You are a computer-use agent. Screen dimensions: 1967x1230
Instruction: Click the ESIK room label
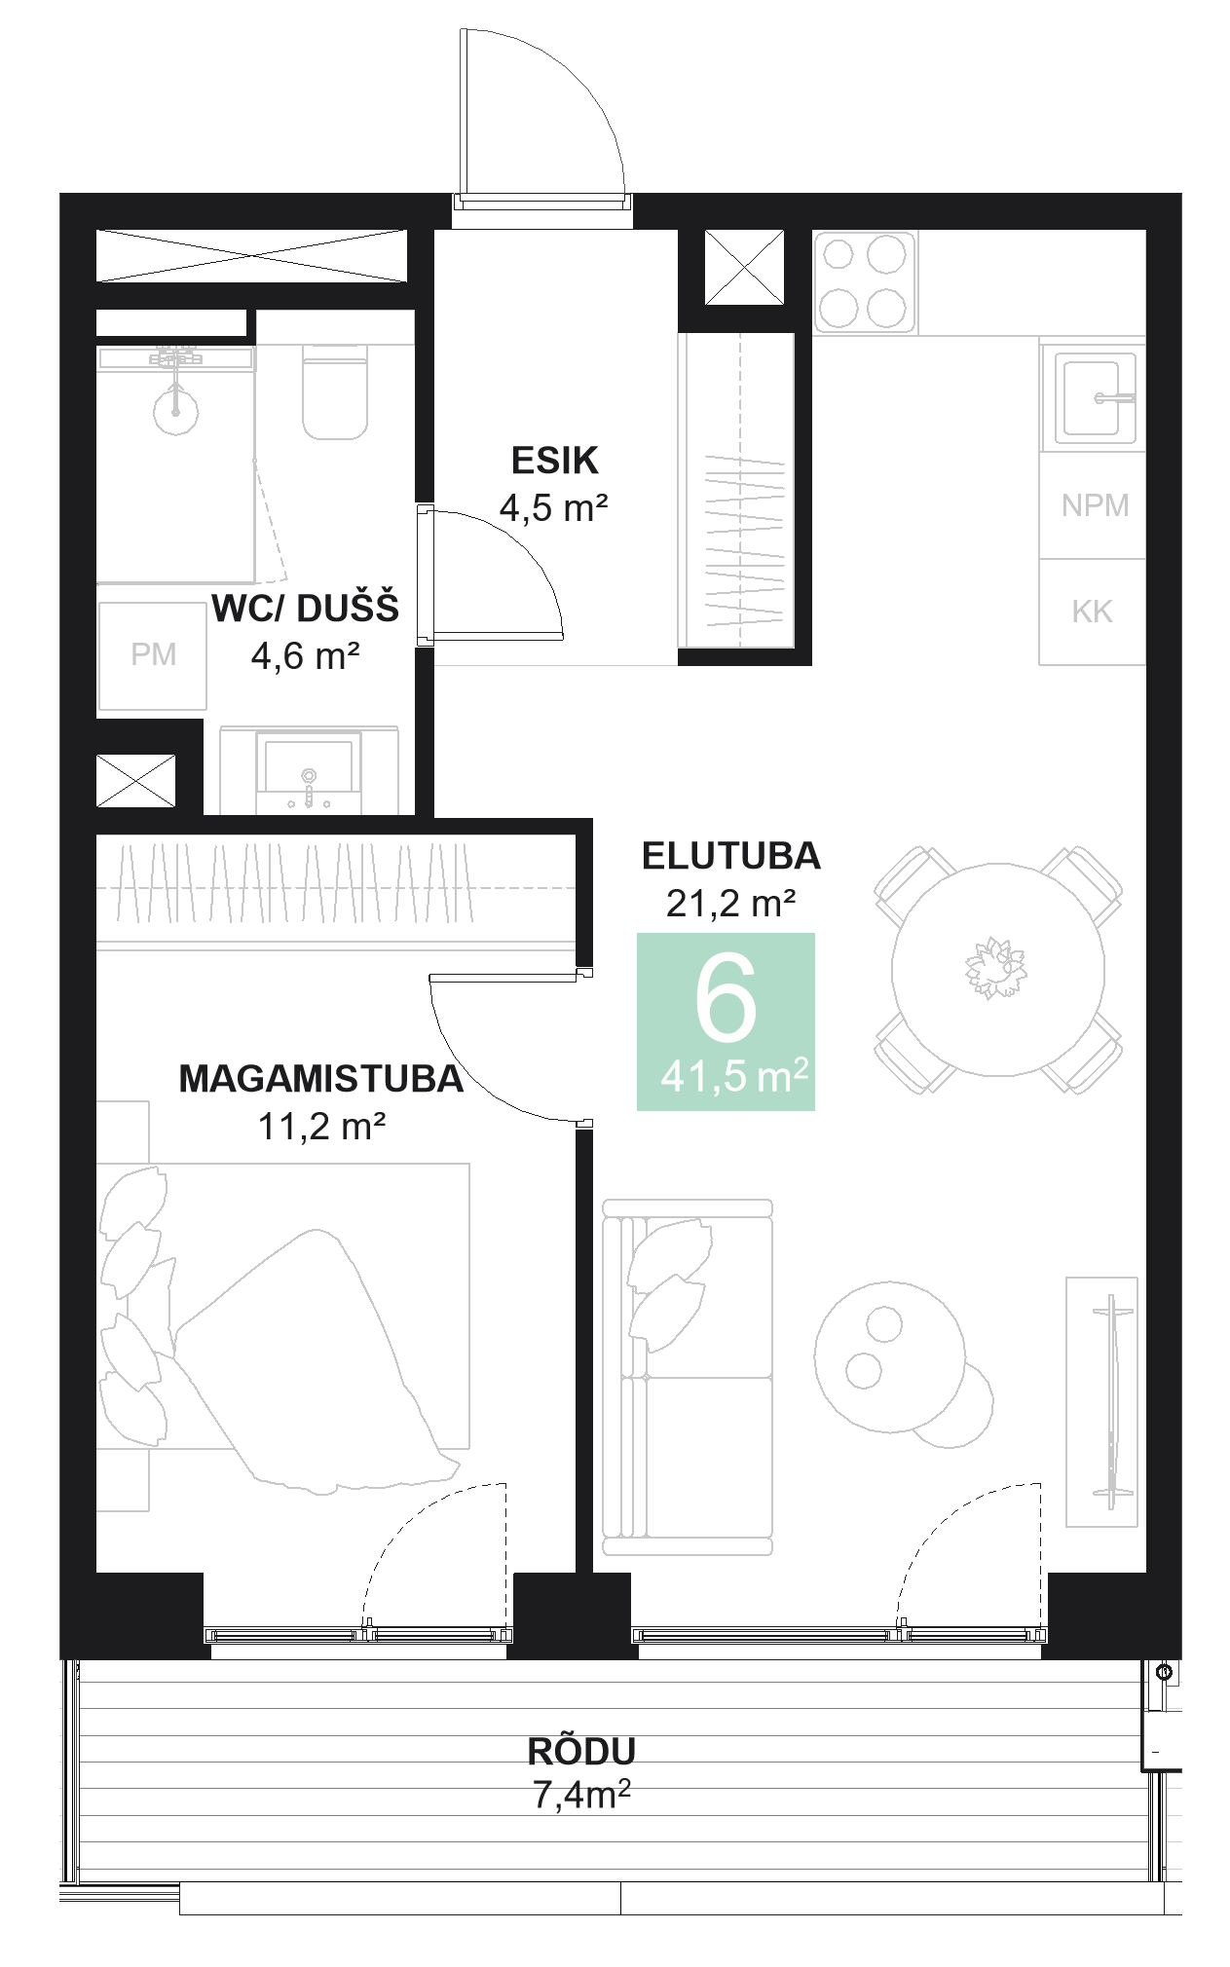point(554,461)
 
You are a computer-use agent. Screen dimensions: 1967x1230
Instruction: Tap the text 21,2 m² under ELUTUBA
point(730,904)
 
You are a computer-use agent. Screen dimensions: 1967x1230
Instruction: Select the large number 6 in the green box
point(726,998)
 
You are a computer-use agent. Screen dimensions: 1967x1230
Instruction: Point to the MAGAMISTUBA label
point(320,1079)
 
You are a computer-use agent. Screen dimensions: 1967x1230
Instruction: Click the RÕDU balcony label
point(581,1751)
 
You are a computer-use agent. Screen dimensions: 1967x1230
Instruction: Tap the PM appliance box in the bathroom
point(153,655)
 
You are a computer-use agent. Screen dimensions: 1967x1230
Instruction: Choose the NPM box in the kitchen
point(1094,505)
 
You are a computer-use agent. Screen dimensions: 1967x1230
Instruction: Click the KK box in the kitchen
point(1092,612)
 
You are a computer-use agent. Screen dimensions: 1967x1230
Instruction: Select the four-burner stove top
point(864,281)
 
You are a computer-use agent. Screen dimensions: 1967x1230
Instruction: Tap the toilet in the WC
point(335,392)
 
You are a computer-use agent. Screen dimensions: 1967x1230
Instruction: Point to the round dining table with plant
point(997,969)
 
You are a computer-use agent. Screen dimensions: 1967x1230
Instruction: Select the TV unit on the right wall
point(1101,1401)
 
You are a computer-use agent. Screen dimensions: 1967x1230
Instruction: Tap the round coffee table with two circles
point(889,1355)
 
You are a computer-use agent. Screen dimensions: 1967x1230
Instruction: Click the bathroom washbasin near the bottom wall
point(309,769)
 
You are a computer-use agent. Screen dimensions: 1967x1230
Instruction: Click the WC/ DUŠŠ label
point(305,609)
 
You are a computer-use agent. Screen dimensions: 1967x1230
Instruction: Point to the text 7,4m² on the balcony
point(581,1794)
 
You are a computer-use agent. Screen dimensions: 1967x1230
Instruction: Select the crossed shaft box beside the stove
point(743,267)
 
